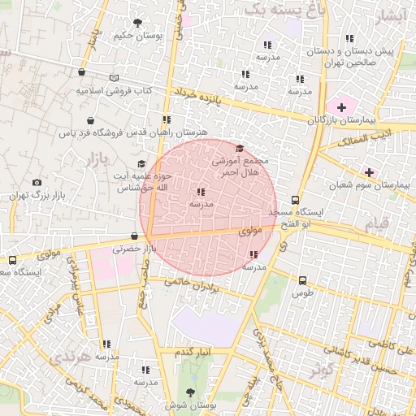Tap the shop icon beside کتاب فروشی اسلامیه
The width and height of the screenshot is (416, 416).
coord(114,78)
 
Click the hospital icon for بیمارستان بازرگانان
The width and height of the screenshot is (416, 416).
coord(341,107)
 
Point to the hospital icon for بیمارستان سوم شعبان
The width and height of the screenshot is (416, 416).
coord(370,172)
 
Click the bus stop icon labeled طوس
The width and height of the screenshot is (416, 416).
coord(302,279)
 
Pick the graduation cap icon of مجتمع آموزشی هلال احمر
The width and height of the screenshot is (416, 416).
coord(239,149)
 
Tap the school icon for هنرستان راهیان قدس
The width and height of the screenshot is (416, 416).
coord(167,119)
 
